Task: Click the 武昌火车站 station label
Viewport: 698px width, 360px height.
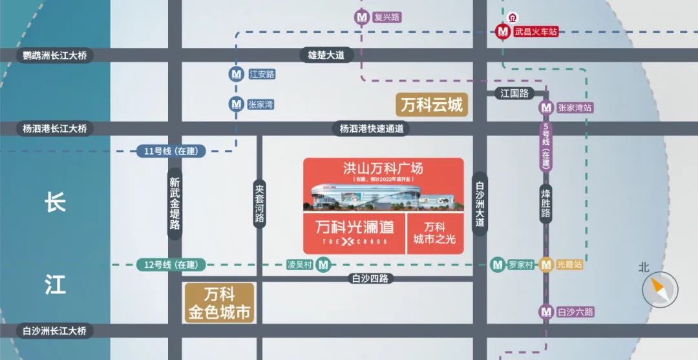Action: (x=536, y=31)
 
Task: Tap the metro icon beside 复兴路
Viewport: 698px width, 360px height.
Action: (x=363, y=17)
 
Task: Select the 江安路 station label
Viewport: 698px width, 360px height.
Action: (x=262, y=74)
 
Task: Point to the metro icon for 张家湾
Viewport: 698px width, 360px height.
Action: (x=236, y=103)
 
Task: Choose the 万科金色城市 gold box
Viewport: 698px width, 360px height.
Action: (x=219, y=304)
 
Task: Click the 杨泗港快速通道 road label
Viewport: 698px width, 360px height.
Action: (x=372, y=129)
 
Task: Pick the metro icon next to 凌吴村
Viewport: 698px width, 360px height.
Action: (x=324, y=264)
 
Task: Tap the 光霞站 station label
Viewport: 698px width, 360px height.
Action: (x=569, y=264)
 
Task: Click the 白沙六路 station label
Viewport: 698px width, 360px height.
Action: (x=575, y=312)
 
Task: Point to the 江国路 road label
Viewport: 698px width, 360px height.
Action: (x=514, y=93)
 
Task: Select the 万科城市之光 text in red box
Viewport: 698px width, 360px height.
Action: (x=434, y=233)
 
